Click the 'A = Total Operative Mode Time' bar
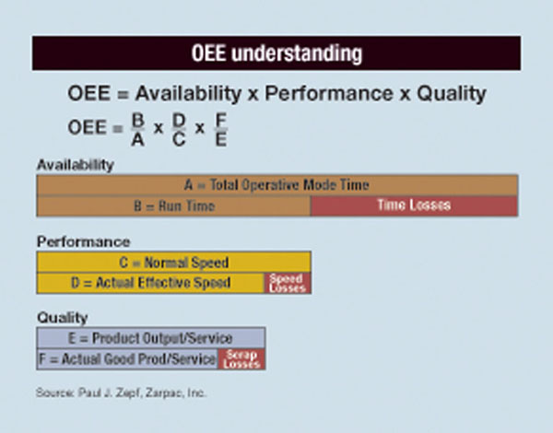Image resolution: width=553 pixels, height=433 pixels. click(276, 184)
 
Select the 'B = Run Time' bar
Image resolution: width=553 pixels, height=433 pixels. click(173, 205)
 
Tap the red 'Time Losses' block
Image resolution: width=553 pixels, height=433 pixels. click(414, 205)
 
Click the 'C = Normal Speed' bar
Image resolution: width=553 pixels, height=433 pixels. click(173, 262)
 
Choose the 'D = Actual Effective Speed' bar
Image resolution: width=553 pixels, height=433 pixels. click(150, 283)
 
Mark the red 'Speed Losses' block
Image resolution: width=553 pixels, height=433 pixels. click(288, 283)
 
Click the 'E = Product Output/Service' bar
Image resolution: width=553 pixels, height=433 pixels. click(150, 337)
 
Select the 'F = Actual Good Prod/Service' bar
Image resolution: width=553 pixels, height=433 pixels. click(127, 358)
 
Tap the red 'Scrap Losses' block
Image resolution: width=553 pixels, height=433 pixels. click(241, 358)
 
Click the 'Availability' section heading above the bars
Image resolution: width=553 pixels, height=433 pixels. click(75, 165)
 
